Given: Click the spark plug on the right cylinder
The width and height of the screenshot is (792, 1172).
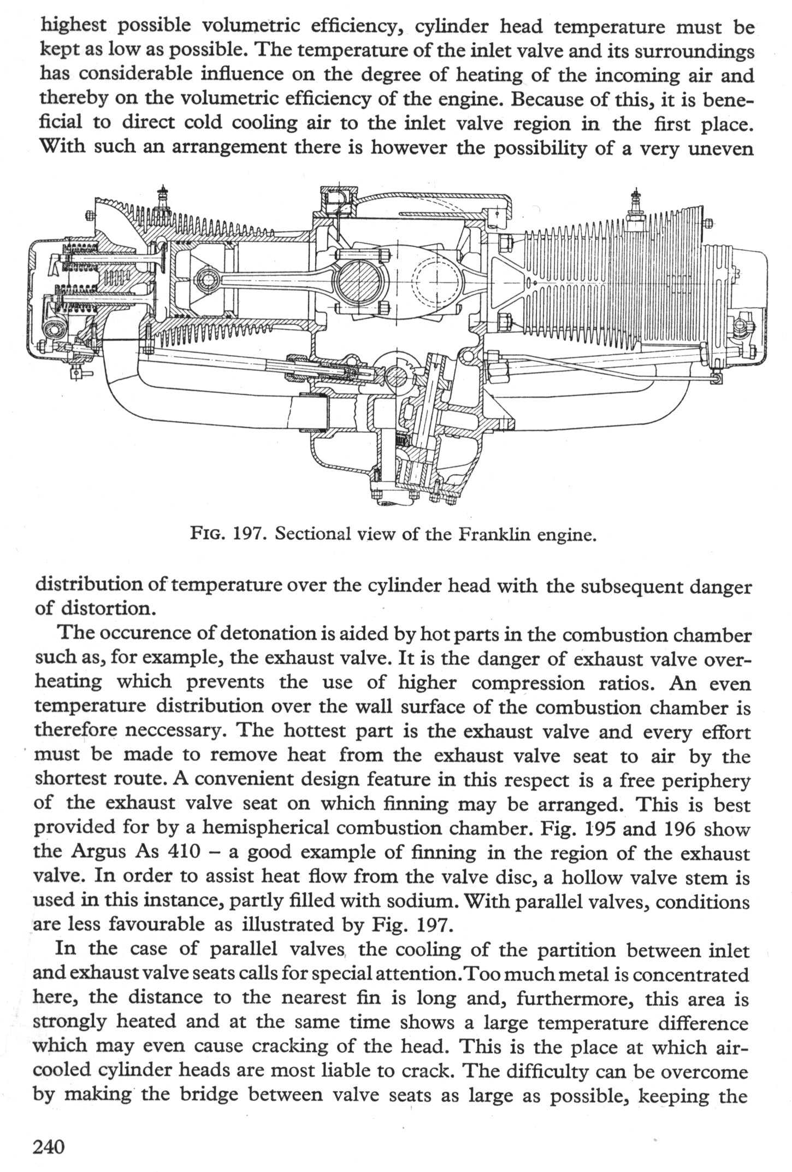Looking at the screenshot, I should pyautogui.click(x=634, y=204).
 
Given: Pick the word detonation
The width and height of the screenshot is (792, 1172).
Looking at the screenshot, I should pyautogui.click(x=273, y=634).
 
